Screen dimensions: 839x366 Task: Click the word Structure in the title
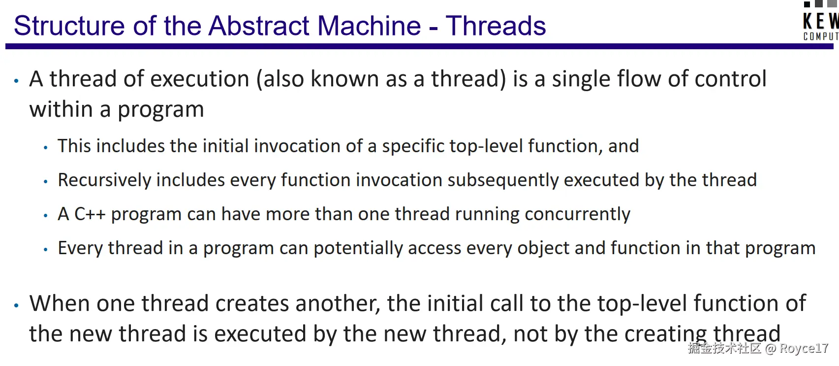tap(69, 26)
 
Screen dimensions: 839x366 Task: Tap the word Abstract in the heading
tap(259, 26)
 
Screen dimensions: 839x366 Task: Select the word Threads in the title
tap(496, 26)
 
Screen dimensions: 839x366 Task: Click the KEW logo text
tap(821, 21)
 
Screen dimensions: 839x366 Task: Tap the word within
tap(61, 109)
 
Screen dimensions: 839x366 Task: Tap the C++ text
tap(90, 214)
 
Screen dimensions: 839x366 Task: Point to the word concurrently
tap(577, 214)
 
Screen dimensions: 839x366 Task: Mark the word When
tap(60, 303)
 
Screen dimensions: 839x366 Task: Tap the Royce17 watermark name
tap(804, 348)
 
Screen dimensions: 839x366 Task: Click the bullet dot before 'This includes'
tap(46, 148)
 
